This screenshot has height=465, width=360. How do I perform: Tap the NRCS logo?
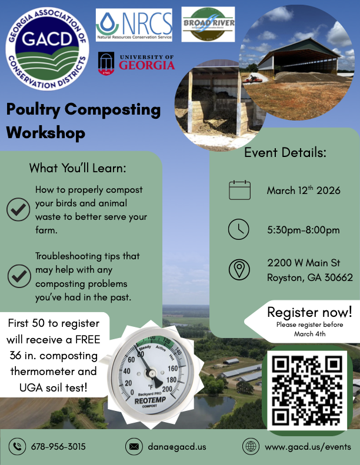tap(134, 26)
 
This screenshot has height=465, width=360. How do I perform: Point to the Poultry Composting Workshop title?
tap(83, 121)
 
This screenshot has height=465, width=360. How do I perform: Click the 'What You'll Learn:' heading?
tap(78, 168)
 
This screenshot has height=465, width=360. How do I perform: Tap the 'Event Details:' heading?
tap(285, 153)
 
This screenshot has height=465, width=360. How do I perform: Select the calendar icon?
tap(239, 190)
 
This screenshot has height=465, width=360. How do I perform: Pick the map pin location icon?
tap(239, 270)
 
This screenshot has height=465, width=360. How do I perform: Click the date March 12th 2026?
tap(304, 190)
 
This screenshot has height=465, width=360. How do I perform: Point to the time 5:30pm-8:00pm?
tap(303, 230)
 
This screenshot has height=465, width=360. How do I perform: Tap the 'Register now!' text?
tap(309, 312)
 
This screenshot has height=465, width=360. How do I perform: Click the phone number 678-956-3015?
tap(58, 446)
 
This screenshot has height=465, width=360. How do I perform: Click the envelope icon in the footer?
tap(134, 446)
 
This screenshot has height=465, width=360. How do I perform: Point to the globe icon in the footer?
tap(251, 446)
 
